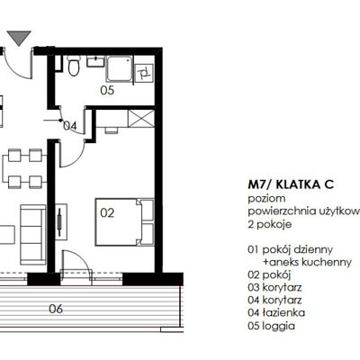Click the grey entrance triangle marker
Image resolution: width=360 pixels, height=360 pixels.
coord(19,37)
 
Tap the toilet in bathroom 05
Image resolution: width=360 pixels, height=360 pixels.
coord(73,66)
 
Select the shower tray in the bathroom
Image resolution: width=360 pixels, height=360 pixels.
coord(120,68)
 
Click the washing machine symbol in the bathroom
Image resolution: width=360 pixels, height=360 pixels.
coord(144,73)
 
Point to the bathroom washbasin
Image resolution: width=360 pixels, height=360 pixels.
coord(95,61)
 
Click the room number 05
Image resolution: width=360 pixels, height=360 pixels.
coord(107,90)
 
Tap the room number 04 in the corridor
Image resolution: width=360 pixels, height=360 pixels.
coord(70,126)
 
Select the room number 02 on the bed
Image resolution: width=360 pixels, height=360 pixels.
coord(107,213)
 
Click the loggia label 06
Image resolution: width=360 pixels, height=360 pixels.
coord(56,309)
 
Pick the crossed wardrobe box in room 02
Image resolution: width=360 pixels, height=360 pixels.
coord(141,119)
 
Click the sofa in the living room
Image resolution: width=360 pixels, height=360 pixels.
coord(33,235)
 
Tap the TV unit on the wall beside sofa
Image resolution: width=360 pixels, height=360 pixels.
coord(61,221)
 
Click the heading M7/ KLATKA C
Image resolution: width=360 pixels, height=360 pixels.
coord(291,184)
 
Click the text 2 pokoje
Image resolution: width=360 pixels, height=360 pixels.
coord(270,224)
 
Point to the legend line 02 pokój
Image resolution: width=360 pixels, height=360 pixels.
coord(269,274)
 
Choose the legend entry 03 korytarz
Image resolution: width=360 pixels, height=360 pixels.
coord(274,287)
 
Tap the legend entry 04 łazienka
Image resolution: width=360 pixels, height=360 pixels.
coord(276,312)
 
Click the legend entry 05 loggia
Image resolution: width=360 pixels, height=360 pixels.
coord(271,326)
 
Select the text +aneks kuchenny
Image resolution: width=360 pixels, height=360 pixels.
coord(307,262)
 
